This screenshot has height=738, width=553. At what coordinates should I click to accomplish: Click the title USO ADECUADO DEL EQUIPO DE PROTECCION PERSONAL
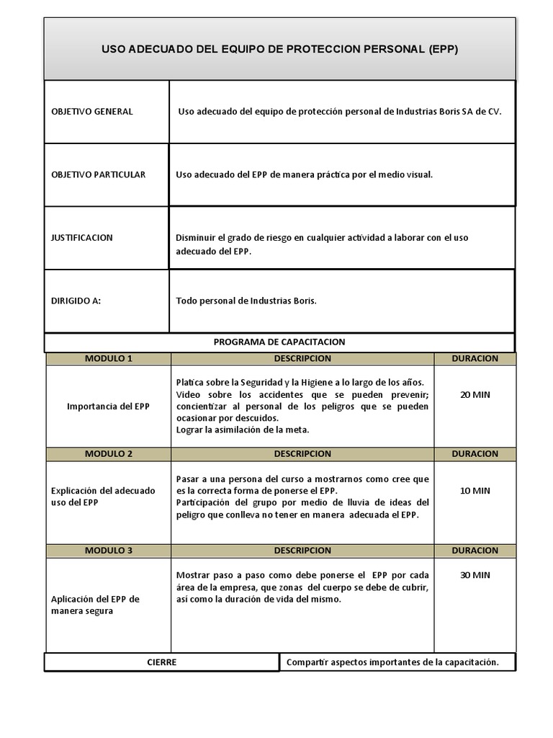[x=279, y=50]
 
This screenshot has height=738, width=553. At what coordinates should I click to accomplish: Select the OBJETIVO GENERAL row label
[x=92, y=112]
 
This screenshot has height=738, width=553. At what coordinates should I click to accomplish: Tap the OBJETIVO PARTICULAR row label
[x=99, y=174]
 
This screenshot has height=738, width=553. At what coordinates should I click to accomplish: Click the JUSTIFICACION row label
[x=82, y=238]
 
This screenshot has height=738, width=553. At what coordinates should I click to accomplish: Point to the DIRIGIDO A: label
[x=76, y=301]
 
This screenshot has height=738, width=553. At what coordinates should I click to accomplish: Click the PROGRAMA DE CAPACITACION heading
[x=279, y=342]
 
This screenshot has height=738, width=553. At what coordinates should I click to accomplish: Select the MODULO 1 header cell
[x=109, y=358]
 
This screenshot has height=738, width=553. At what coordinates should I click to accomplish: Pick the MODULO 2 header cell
[x=109, y=454]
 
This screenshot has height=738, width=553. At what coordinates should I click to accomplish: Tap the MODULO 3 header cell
[x=109, y=551]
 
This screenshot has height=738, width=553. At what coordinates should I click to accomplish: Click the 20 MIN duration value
[x=475, y=394]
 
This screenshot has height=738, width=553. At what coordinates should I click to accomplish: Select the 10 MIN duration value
[x=475, y=490]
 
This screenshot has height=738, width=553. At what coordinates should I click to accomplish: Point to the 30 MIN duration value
[x=475, y=575]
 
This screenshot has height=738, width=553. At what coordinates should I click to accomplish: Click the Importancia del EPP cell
[x=109, y=406]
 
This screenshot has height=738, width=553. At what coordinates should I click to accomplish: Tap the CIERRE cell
[x=162, y=662]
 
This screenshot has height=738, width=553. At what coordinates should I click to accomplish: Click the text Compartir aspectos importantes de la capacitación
[x=392, y=662]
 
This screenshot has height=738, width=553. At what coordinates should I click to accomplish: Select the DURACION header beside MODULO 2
[x=475, y=454]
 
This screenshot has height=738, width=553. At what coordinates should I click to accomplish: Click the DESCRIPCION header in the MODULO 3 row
[x=302, y=551]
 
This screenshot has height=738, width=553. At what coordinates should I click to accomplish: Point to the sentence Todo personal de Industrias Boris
[x=246, y=301]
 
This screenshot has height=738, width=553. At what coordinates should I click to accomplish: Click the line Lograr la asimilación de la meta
[x=243, y=430]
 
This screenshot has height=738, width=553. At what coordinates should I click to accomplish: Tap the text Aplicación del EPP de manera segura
[x=96, y=605]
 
